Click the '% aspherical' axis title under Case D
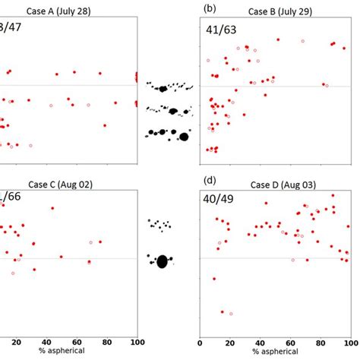[x=275, y=351]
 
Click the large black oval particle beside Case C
[x=162, y=262]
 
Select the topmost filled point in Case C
[x=52, y=208]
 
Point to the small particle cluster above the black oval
[x=160, y=225]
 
